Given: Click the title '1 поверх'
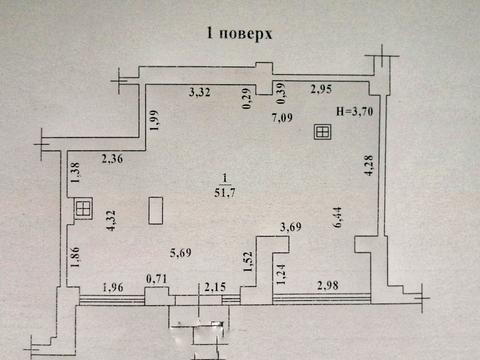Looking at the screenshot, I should (239, 33).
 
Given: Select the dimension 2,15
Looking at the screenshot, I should (216, 290).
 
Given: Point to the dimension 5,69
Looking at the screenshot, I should (179, 253).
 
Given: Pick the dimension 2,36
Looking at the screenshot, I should (114, 156).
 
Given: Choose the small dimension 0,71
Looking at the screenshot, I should (156, 279).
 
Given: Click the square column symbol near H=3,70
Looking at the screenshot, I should (323, 131).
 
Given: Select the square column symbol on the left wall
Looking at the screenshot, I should (83, 208).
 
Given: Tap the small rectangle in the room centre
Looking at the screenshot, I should (156, 210).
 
